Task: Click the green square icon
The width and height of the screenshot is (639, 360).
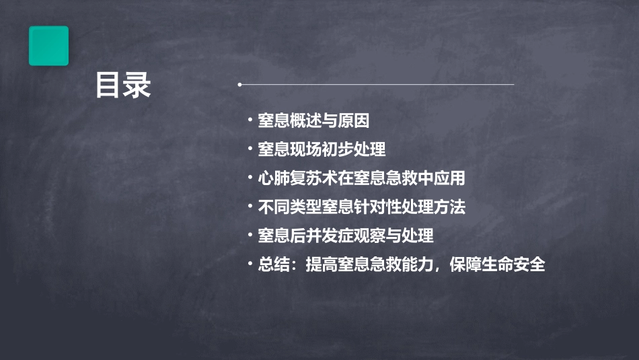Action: (48, 46)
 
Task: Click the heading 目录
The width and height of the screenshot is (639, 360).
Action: (123, 85)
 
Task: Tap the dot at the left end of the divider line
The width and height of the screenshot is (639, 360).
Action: (239, 85)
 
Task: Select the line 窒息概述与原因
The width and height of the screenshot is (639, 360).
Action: (313, 121)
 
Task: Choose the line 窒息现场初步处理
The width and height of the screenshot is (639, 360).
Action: (322, 149)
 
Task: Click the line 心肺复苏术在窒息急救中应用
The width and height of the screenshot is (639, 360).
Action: (361, 178)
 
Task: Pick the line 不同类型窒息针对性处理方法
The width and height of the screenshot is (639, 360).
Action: (361, 207)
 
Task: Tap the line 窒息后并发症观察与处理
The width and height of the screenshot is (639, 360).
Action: (345, 236)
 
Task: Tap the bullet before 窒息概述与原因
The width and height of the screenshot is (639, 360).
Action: (250, 121)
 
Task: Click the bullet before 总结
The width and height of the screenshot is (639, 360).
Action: (250, 264)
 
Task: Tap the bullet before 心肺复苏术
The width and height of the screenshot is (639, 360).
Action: (250, 178)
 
